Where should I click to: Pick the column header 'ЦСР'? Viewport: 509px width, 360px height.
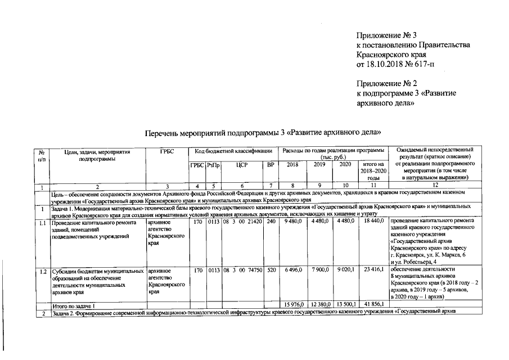tap(242, 165)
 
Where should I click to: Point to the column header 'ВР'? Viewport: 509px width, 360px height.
tap(271, 165)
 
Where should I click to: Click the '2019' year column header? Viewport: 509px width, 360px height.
tap(319, 165)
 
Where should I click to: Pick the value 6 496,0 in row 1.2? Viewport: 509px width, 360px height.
tap(294, 271)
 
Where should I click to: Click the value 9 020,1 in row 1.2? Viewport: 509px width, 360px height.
tap(345, 271)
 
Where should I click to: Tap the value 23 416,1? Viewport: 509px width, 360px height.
tap(373, 271)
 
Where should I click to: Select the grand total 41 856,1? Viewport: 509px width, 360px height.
tap(373, 304)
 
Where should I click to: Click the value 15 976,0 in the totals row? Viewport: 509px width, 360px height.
tap(292, 304)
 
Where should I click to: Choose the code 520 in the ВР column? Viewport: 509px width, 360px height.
tap(271, 271)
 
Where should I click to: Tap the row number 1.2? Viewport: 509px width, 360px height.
tap(43, 271)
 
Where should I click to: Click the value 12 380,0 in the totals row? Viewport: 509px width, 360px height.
tap(319, 304)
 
